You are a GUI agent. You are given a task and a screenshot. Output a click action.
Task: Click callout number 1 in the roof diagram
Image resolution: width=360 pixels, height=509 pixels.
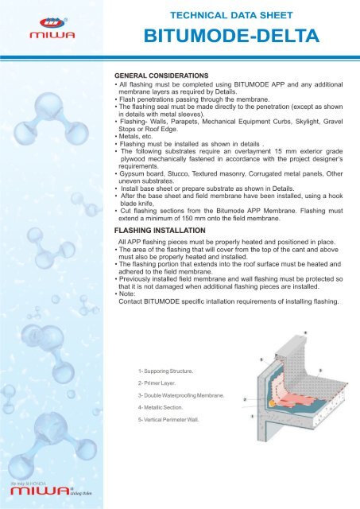pyautogui.click(x=251, y=415)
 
